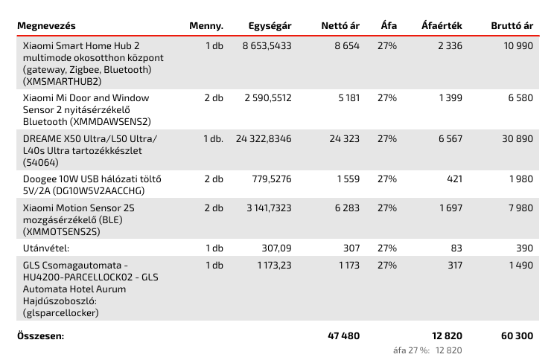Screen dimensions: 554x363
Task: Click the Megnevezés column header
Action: (x=46, y=26)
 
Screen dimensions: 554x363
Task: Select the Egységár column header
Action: (x=270, y=26)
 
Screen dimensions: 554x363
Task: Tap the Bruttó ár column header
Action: (x=512, y=26)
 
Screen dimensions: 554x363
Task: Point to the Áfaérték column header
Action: (x=442, y=26)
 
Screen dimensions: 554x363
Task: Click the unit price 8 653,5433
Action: (x=267, y=46)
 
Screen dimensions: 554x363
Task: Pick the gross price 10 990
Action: (x=518, y=46)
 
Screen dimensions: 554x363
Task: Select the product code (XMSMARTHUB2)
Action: (x=63, y=82)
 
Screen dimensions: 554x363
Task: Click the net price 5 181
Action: (x=349, y=97)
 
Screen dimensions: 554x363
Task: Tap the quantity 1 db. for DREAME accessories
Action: (x=214, y=139)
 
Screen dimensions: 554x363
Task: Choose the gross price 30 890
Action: (x=518, y=139)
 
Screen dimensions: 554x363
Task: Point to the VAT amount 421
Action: (x=454, y=179)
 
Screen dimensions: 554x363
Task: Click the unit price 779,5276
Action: (x=272, y=179)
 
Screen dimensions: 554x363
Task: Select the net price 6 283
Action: (x=347, y=208)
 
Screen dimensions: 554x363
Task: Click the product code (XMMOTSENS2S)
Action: (x=62, y=232)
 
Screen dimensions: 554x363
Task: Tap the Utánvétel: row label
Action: (x=46, y=248)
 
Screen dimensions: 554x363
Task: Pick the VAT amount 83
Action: (x=456, y=248)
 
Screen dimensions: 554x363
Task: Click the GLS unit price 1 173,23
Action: (x=274, y=266)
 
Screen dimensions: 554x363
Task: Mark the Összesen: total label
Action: (x=41, y=335)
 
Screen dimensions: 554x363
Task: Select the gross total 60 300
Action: (x=518, y=335)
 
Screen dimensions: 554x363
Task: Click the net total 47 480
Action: (x=344, y=335)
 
